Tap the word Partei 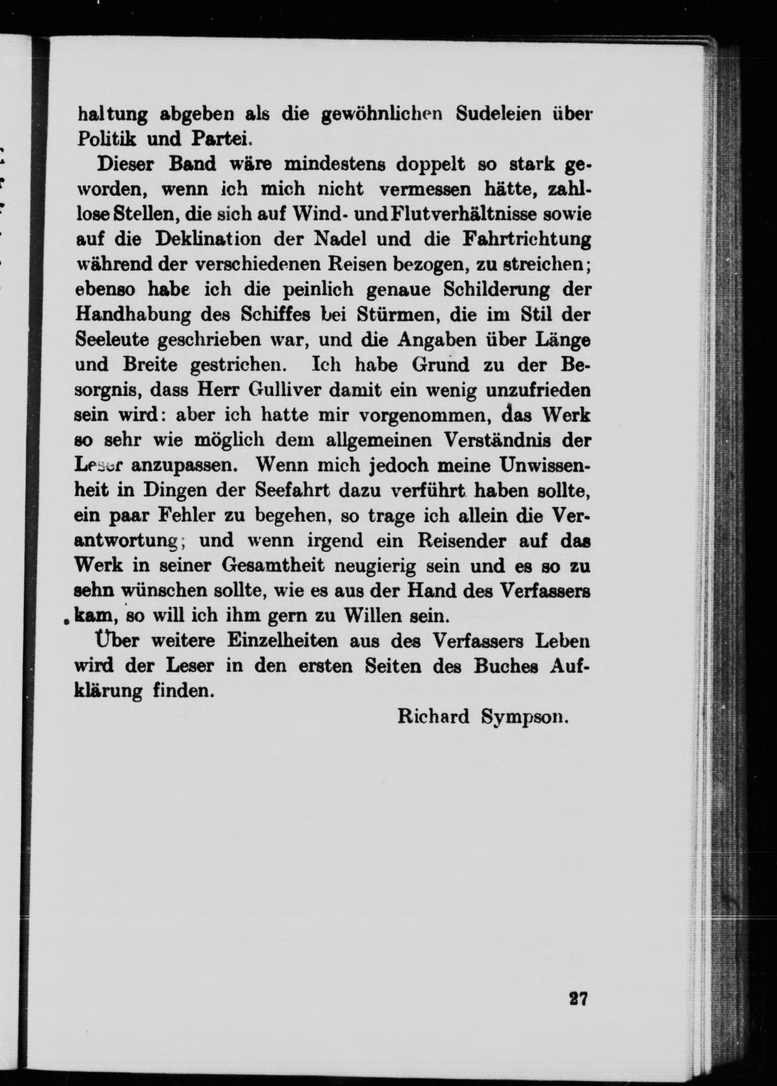pos(220,138)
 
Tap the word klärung pos(108,691)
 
